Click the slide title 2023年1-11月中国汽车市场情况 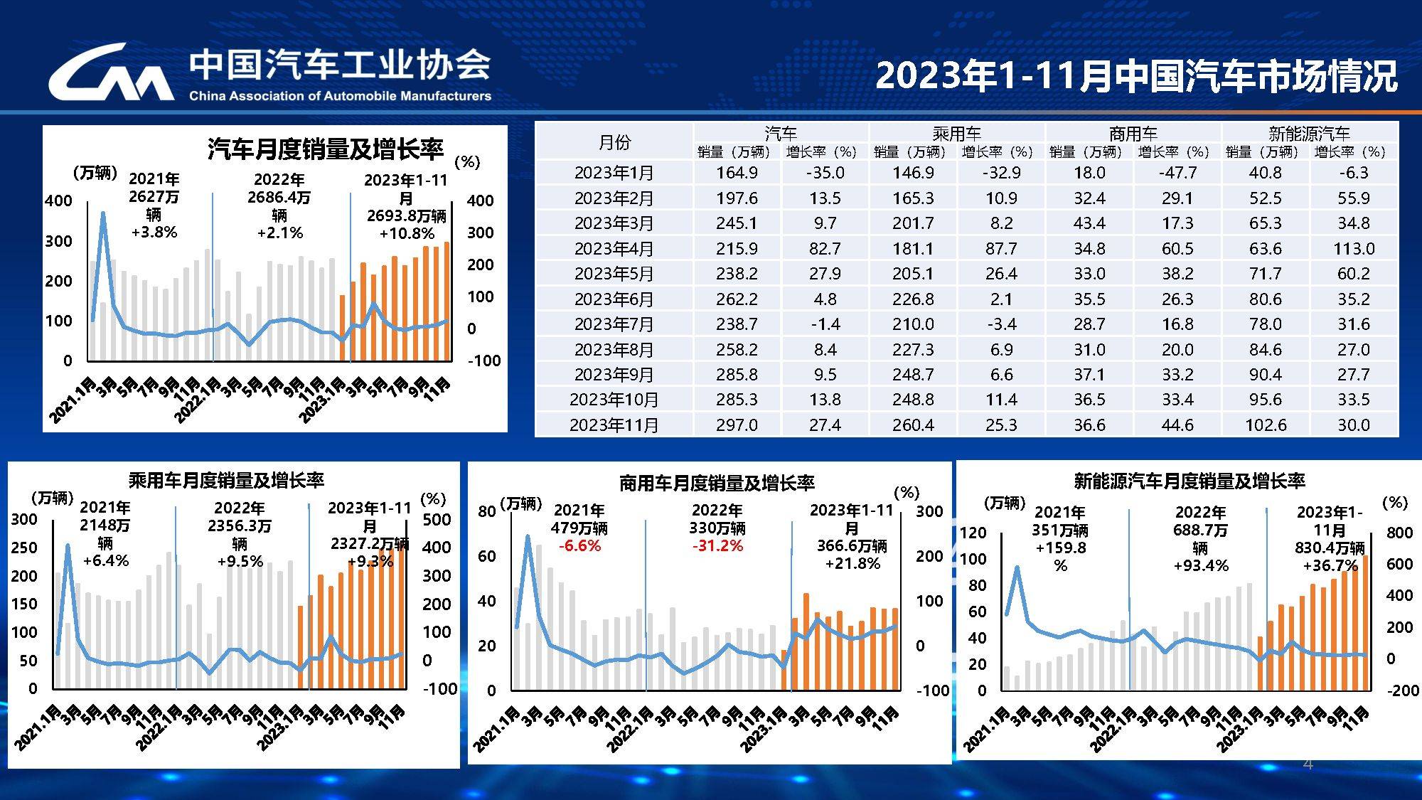(x=1135, y=76)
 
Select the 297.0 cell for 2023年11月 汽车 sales (x=737, y=425)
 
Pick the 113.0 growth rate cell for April (x=1353, y=248)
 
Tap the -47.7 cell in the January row (x=1177, y=173)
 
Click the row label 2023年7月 (x=614, y=324)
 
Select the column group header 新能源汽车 (x=1309, y=133)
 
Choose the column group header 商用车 (x=1133, y=133)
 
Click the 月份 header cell (x=614, y=142)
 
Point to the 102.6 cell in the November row (x=1266, y=425)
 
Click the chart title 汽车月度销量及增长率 (x=325, y=149)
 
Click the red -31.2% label (x=717, y=546)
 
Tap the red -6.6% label (x=579, y=546)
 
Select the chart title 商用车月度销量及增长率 (x=717, y=484)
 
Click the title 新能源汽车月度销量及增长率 (x=1189, y=481)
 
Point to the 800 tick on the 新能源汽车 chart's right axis (x=1399, y=533)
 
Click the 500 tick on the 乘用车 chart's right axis (x=436, y=519)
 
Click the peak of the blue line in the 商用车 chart (x=528, y=536)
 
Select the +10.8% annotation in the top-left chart (x=407, y=234)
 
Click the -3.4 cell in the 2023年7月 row (x=1001, y=324)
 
